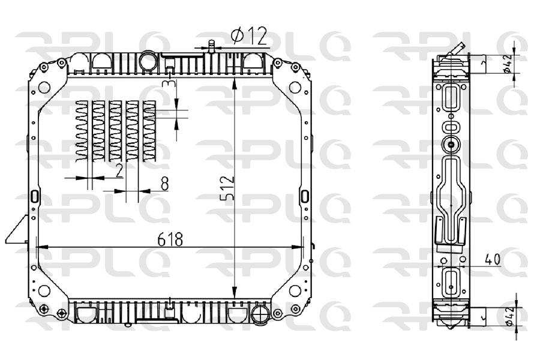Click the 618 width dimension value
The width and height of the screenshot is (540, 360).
170,239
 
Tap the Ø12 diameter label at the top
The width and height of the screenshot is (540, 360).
248,37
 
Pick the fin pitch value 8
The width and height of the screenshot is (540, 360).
164,184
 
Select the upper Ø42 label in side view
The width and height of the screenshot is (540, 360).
509,63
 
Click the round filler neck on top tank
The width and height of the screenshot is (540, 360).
147,61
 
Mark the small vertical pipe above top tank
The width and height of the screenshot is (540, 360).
211,46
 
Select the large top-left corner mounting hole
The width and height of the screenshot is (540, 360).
44,87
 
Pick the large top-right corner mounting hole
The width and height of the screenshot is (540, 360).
295,87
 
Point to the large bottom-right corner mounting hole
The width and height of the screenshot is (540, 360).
295,290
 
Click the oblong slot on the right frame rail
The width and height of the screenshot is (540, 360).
304,196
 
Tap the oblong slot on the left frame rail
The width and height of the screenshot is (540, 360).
35,196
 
